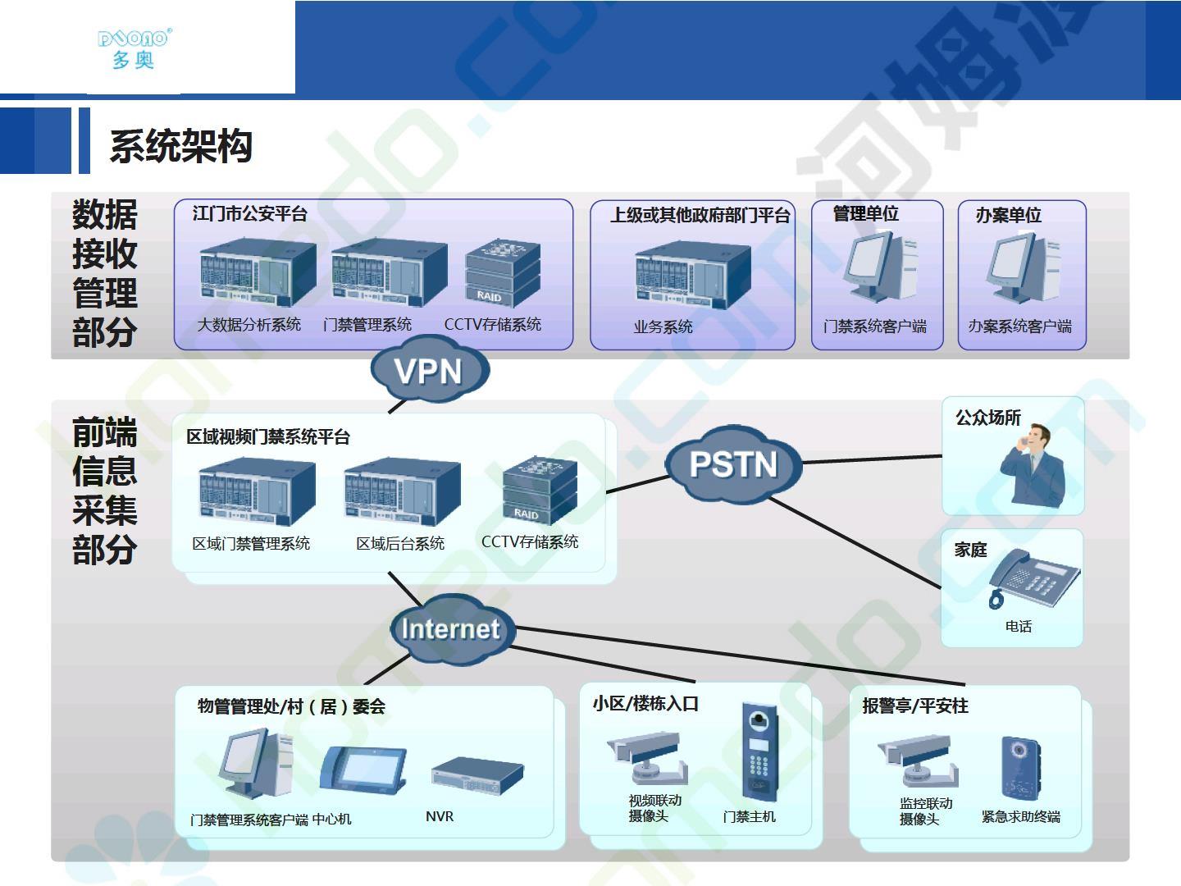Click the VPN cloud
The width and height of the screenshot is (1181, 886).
(430, 370)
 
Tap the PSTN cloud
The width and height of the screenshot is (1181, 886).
(734, 464)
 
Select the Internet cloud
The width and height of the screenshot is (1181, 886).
(451, 629)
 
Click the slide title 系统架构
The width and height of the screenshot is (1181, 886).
(181, 146)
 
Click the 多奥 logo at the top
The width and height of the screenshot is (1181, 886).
(135, 49)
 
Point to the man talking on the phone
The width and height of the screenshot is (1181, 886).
(1033, 465)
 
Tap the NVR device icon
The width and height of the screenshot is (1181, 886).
(477, 776)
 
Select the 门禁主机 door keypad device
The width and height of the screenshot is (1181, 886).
(759, 751)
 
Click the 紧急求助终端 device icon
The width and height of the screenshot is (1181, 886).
(1021, 768)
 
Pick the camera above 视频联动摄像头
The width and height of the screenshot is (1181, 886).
(647, 757)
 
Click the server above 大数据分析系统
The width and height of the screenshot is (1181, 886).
(258, 272)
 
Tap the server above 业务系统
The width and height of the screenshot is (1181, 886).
(693, 275)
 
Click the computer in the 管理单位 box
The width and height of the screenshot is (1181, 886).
(880, 266)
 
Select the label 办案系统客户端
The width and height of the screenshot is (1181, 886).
(1020, 326)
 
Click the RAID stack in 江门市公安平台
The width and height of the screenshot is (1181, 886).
(503, 273)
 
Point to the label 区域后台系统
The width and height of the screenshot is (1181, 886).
(400, 543)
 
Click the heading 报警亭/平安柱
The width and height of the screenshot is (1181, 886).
(915, 706)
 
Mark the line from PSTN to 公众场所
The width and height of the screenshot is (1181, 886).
(872, 459)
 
